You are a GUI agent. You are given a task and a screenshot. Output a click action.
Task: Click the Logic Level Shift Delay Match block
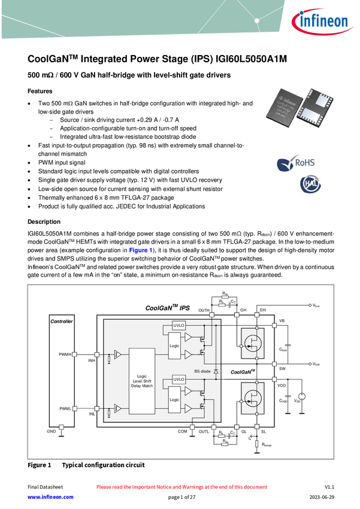(142, 381)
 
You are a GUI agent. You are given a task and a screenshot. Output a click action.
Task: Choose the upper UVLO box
(179, 325)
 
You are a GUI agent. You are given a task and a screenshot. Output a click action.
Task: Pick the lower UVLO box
(179, 380)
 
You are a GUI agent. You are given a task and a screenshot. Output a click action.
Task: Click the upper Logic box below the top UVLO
(174, 347)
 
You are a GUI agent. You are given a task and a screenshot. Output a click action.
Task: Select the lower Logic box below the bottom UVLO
(174, 400)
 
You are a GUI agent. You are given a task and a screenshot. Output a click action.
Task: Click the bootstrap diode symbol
(216, 372)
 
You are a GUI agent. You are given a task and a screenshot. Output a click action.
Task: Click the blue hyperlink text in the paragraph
(140, 250)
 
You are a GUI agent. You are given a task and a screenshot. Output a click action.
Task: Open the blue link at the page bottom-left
(50, 496)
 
